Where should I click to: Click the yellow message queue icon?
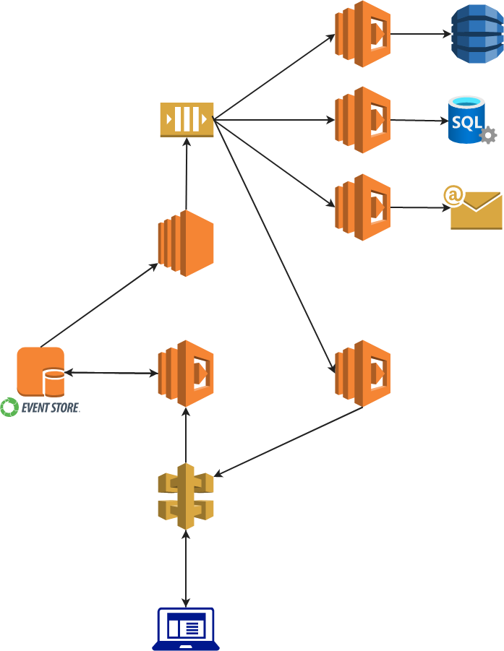tap(187, 119)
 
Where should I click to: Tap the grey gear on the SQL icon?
tap(488, 135)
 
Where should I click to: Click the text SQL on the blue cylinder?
tap(466, 121)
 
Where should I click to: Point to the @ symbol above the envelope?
tap(453, 195)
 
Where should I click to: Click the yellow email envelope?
tap(477, 211)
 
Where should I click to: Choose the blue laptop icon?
tap(186, 629)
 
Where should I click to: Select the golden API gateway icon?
tap(186, 496)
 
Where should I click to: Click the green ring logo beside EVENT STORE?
tap(9, 408)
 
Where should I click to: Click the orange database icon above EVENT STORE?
tap(41, 372)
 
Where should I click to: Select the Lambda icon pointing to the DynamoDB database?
tap(362, 34)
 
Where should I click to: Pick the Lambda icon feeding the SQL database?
tap(362, 120)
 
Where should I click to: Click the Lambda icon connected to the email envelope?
tap(362, 207)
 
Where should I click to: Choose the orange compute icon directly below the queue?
tap(186, 243)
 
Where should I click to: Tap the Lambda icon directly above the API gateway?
tap(186, 374)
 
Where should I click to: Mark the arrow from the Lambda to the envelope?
tap(419, 208)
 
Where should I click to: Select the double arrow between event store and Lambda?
tap(111, 373)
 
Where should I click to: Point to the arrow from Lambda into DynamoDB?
tap(419, 34)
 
